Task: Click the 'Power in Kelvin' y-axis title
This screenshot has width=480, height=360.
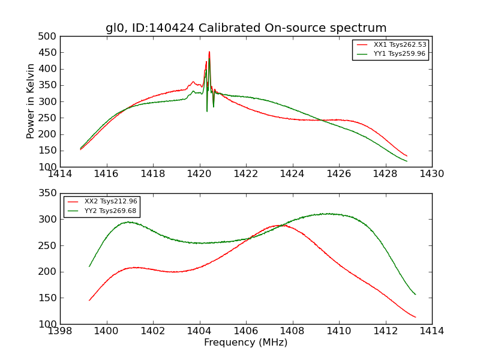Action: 31,101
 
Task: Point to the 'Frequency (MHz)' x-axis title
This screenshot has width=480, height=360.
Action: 246,343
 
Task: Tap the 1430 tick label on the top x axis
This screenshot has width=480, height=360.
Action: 432,174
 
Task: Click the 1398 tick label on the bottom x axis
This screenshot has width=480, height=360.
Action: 60,331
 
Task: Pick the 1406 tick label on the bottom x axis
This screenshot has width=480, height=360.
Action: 246,331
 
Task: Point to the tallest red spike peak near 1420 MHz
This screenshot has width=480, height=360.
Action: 209,52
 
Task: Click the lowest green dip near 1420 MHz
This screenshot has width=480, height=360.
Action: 207,111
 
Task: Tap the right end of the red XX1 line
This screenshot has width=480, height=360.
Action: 407,156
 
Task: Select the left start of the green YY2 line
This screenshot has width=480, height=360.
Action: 89,266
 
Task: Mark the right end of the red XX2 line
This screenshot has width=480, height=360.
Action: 415,317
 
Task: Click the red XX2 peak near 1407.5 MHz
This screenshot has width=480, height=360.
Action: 279,226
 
